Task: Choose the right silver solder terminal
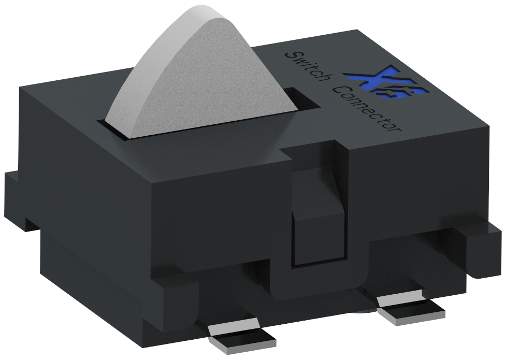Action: [412, 311]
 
